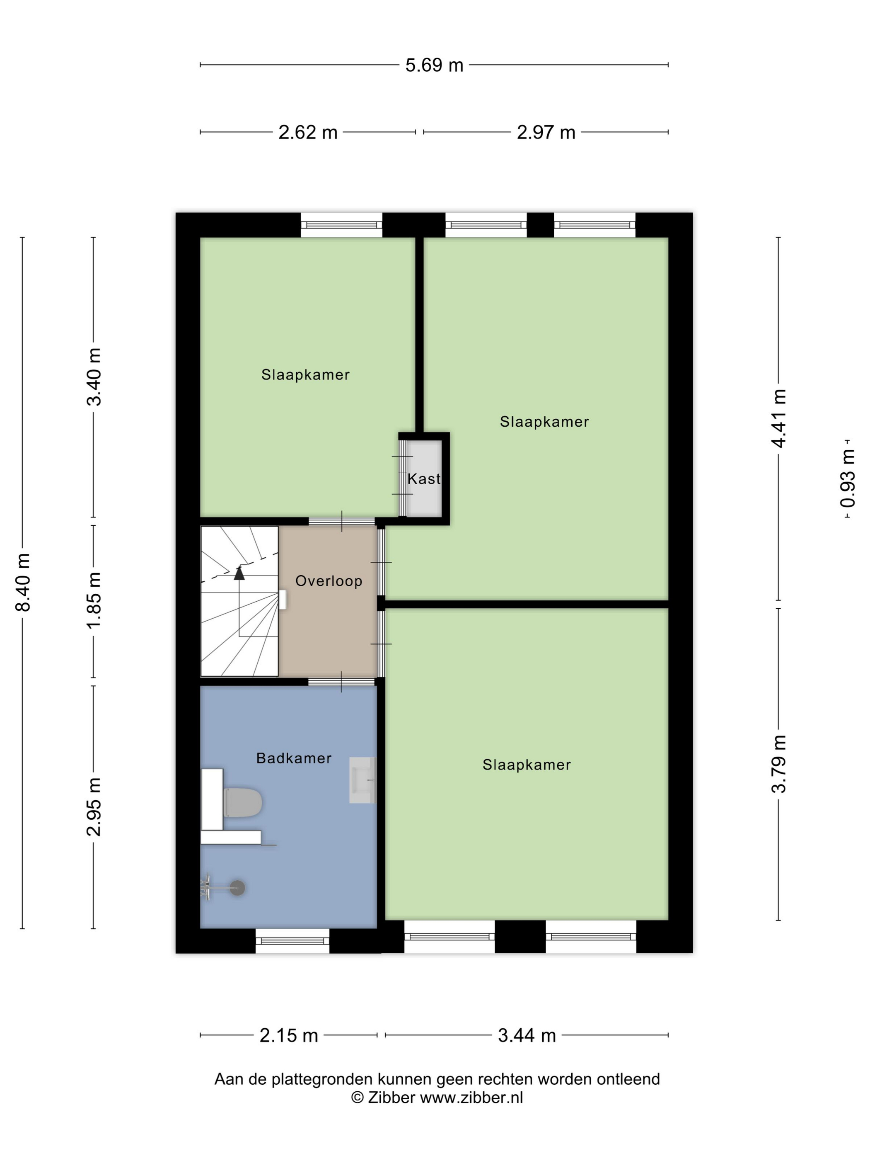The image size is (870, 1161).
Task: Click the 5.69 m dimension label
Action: (434, 65)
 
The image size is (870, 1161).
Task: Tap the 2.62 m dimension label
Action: (307, 132)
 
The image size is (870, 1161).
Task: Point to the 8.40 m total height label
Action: (23, 582)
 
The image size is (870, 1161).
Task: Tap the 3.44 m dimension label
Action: (526, 1035)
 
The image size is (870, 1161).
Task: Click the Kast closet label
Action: (424, 478)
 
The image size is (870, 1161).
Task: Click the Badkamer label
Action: (294, 758)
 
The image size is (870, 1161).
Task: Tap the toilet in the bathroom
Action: (242, 802)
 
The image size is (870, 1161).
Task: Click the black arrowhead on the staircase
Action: (239, 573)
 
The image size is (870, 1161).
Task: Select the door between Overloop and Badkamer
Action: (341, 682)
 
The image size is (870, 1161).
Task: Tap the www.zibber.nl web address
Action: (471, 1098)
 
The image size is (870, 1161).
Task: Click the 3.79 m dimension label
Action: (779, 764)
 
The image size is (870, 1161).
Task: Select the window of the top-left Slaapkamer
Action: (341, 225)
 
